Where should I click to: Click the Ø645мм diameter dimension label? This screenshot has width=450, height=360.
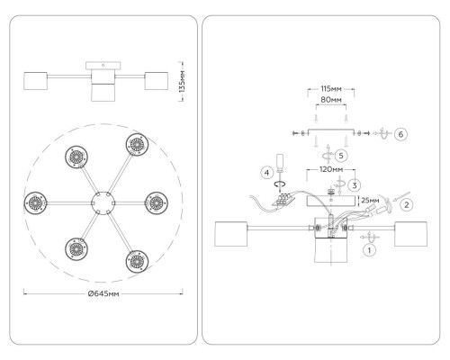pos(103,293)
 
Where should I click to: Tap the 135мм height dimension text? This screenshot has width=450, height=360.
pos(182,81)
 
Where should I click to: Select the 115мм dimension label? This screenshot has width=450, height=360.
pos(331,89)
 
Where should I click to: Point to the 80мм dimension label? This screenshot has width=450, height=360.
pos(331,100)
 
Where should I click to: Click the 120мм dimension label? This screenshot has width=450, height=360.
pos(331,169)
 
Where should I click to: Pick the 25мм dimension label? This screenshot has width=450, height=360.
pos(370,200)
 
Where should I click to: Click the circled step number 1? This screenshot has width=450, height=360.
pos(369,250)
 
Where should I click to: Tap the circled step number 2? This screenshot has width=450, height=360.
pos(407,205)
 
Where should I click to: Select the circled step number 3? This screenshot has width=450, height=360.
pos(355,185)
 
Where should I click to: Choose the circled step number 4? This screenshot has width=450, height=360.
pos(266,173)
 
